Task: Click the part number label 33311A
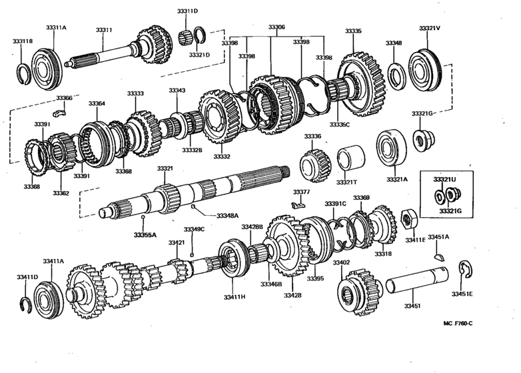56,27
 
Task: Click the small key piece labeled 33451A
438,253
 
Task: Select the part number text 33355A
145,234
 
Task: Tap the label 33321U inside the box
444,180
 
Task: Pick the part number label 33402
341,262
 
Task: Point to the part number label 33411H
235,296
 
